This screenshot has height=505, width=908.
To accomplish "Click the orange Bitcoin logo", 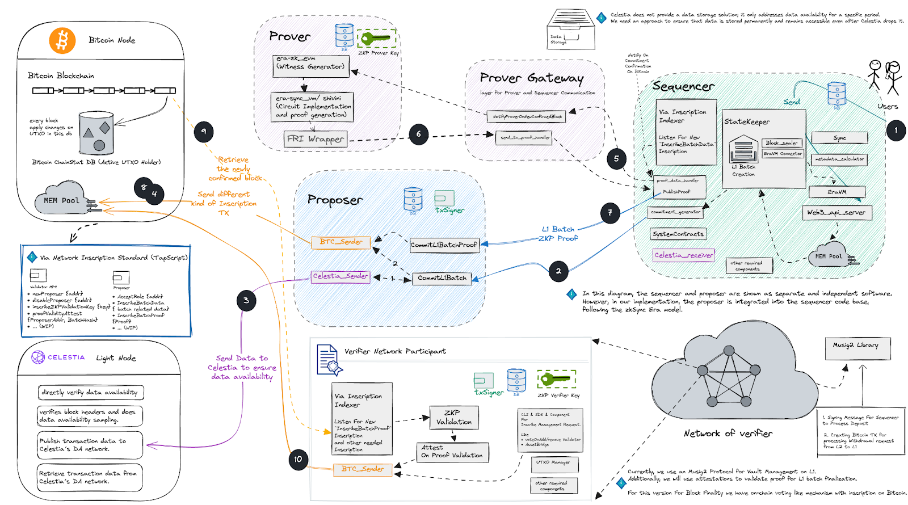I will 62,40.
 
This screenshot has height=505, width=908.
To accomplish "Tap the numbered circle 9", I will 204,132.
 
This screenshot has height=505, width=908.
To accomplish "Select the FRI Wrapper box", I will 316,139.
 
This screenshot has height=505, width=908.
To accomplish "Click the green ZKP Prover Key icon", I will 377,39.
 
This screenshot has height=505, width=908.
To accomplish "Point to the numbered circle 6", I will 418,134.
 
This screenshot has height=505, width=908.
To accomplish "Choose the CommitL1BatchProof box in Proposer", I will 444,245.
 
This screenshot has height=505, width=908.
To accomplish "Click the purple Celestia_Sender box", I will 340,276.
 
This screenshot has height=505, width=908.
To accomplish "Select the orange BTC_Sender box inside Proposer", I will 340,242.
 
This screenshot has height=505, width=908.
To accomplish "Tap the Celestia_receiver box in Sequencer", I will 683,255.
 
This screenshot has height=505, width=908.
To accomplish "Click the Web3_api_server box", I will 836,213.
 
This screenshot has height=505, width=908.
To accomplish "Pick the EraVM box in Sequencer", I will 837,192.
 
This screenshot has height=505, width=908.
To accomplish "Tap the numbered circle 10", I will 298,459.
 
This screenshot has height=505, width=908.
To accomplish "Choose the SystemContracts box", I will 678,234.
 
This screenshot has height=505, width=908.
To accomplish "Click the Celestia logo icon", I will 38,357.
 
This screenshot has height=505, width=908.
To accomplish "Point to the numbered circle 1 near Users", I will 896,131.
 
